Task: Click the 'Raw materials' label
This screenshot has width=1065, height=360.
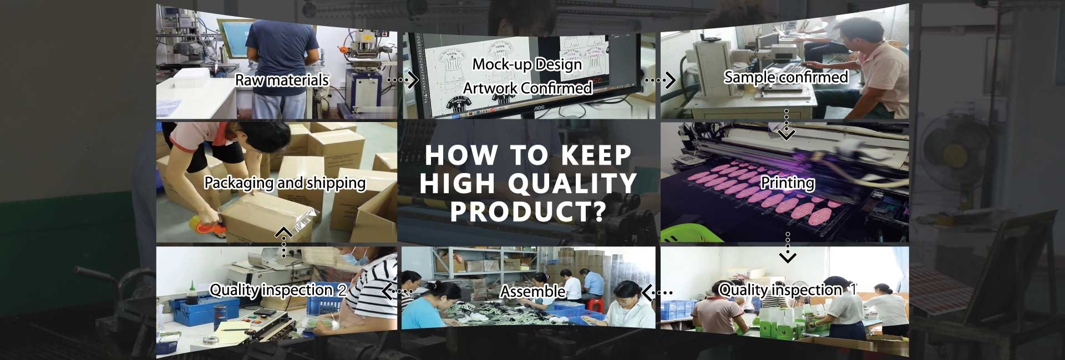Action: click(x=282, y=80)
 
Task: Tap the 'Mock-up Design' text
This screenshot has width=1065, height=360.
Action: click(x=527, y=65)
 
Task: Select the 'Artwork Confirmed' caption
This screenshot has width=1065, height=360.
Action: click(x=528, y=88)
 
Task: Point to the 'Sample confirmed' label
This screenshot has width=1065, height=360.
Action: click(x=786, y=77)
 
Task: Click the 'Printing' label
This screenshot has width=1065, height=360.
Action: click(x=788, y=182)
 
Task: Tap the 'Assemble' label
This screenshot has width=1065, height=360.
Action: click(x=533, y=291)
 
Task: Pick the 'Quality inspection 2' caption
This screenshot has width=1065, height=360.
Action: click(x=278, y=290)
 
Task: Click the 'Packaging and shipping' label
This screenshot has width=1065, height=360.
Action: click(x=285, y=183)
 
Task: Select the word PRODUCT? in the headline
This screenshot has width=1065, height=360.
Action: click(x=527, y=212)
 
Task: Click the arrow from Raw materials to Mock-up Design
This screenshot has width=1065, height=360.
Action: click(x=402, y=80)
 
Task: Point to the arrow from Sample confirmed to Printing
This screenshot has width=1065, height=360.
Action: click(x=787, y=124)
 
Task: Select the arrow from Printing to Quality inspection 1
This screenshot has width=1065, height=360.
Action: click(x=788, y=247)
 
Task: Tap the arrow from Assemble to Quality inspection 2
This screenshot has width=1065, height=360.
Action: click(x=397, y=291)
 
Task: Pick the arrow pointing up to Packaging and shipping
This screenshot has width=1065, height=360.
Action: click(x=284, y=242)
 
